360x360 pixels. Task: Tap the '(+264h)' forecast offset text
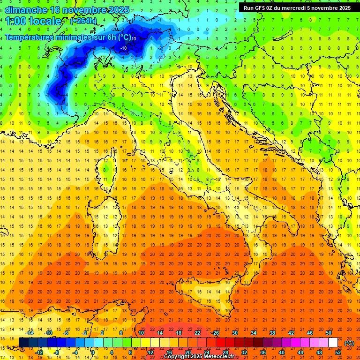click(x=83, y=21)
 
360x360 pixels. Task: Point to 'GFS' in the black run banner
click(x=262, y=8)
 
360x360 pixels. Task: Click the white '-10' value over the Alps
click(x=124, y=48)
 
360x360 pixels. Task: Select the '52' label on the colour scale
click(x=338, y=352)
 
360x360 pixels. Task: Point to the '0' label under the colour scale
click(x=92, y=352)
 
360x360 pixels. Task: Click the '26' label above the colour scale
click(x=216, y=333)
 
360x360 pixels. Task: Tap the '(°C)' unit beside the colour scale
click(x=349, y=343)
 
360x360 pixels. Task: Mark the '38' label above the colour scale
click(x=272, y=333)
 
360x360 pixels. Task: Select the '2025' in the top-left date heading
click(x=117, y=10)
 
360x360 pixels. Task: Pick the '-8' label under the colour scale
click(x=57, y=352)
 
